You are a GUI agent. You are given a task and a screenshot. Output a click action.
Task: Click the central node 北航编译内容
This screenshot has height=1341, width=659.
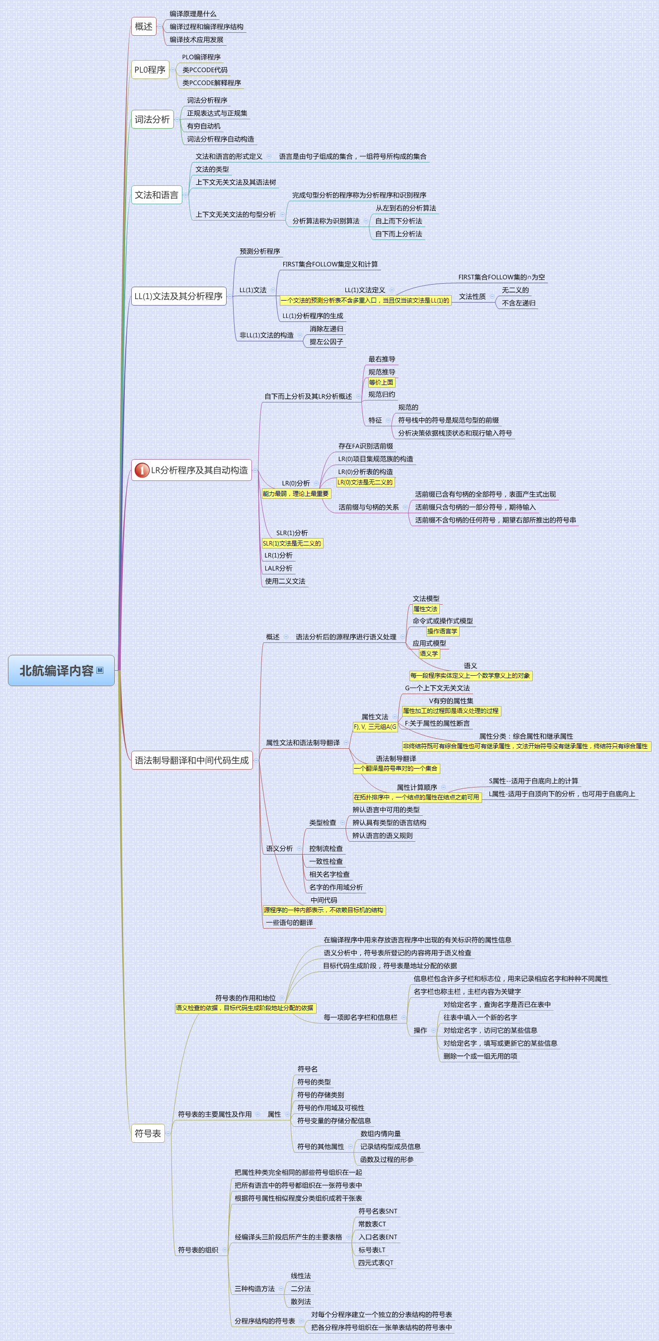[x=56, y=671]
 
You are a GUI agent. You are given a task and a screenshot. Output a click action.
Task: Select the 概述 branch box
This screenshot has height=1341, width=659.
[x=144, y=26]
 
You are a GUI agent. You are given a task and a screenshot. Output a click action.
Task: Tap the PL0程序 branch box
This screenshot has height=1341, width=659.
[x=150, y=70]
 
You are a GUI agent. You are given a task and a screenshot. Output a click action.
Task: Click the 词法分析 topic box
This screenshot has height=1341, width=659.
[x=152, y=119]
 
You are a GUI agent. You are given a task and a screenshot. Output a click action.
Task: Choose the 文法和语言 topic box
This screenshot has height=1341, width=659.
[x=156, y=195]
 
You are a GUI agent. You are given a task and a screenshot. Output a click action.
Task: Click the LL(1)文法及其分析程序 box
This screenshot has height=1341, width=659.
[x=178, y=296]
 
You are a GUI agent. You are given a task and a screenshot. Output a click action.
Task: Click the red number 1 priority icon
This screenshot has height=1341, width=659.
[x=142, y=470]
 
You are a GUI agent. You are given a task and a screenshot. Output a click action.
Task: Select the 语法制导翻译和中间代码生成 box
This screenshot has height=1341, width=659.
[x=191, y=760]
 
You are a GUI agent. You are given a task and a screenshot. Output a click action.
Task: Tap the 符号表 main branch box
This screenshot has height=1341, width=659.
[x=148, y=1133]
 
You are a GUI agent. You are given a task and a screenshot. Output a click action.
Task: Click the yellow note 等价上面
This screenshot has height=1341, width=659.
[x=381, y=382]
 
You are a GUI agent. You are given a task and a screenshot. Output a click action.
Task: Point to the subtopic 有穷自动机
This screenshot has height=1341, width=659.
[x=204, y=126]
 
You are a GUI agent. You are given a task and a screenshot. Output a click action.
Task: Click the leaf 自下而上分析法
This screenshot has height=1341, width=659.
[x=398, y=234]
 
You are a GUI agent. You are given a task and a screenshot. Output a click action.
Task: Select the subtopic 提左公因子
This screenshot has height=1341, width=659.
[x=326, y=342]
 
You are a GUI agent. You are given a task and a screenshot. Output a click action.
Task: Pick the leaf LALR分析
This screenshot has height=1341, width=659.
[x=278, y=568]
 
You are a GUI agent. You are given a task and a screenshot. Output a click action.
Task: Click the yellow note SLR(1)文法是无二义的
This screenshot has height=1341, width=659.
[x=292, y=544]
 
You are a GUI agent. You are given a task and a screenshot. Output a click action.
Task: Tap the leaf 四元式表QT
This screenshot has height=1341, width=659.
[x=375, y=1263]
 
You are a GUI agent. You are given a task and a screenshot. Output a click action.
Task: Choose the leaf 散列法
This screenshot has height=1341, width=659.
[x=300, y=1301]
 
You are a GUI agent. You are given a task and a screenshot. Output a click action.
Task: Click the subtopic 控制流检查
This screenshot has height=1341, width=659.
[x=326, y=849]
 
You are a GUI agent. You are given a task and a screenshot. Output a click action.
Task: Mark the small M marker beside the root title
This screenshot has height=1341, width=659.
[x=100, y=670]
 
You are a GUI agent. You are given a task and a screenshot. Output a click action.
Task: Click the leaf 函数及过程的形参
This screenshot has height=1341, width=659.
[x=387, y=1159]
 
